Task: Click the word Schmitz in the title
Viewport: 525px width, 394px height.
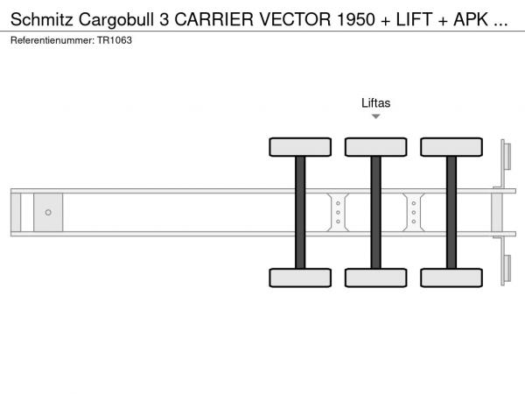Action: click(41, 19)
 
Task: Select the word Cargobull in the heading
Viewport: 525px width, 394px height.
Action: click(116, 20)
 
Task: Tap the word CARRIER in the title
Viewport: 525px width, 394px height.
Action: click(214, 19)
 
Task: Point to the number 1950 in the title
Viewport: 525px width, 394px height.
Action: click(356, 19)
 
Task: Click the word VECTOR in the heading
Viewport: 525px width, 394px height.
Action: click(295, 19)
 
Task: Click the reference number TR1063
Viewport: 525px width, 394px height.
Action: click(115, 40)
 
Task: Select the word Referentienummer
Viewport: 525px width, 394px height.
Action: click(52, 40)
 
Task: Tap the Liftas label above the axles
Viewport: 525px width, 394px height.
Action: click(375, 102)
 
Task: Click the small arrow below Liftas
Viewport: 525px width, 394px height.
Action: click(376, 116)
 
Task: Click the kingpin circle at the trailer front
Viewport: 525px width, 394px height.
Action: click(48, 213)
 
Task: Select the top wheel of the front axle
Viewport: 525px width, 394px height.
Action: click(300, 147)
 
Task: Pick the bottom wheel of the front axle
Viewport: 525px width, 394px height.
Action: click(300, 278)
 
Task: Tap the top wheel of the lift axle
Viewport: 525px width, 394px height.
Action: click(376, 147)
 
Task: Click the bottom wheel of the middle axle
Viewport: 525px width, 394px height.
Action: click(376, 278)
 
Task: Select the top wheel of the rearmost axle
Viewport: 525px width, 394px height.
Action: click(451, 147)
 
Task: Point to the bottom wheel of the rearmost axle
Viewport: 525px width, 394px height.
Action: click(451, 278)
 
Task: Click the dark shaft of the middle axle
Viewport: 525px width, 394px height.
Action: click(376, 213)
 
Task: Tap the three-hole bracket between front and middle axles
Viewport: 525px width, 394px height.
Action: click(338, 213)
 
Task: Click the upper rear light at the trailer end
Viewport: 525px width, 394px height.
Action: click(507, 157)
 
